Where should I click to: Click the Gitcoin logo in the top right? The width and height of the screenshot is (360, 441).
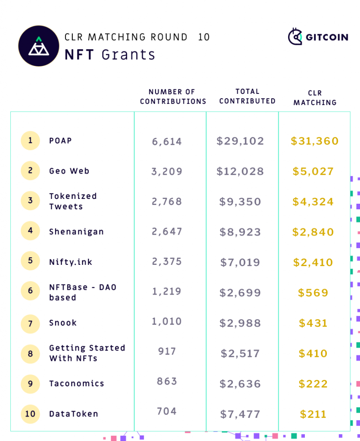click(318, 37)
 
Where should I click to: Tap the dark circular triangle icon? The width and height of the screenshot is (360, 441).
click(39, 46)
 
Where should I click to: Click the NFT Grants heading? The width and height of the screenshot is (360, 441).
click(110, 55)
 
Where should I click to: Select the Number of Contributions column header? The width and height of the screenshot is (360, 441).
click(173, 97)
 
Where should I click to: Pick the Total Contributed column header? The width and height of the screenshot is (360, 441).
click(247, 96)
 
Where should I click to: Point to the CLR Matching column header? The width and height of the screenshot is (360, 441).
click(315, 98)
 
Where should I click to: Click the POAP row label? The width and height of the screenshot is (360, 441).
click(60, 141)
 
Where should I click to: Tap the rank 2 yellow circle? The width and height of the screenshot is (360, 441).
click(30, 171)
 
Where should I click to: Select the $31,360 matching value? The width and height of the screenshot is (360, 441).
click(315, 141)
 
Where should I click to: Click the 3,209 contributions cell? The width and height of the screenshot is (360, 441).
click(167, 171)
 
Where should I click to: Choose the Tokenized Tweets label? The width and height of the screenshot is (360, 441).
click(73, 201)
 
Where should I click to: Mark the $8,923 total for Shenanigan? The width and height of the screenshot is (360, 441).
click(240, 232)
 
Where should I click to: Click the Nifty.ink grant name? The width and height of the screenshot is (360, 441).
click(71, 262)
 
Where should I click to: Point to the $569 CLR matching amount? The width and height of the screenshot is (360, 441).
click(313, 293)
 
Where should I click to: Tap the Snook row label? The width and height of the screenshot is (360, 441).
click(63, 323)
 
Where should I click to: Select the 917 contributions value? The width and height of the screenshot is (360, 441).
click(167, 351)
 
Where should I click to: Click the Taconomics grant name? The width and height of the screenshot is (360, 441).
click(77, 384)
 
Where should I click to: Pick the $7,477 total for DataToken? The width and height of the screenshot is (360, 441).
click(240, 414)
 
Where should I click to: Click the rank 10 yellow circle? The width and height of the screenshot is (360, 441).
click(30, 414)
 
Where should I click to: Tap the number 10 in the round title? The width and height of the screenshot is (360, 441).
click(204, 37)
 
